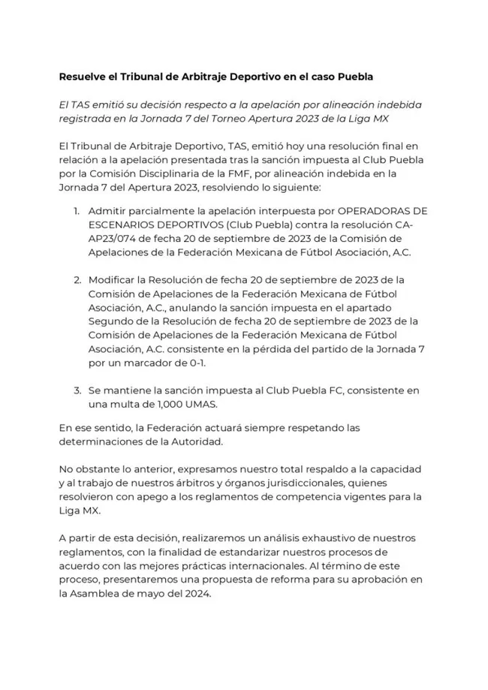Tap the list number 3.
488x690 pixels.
pos(77,390)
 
